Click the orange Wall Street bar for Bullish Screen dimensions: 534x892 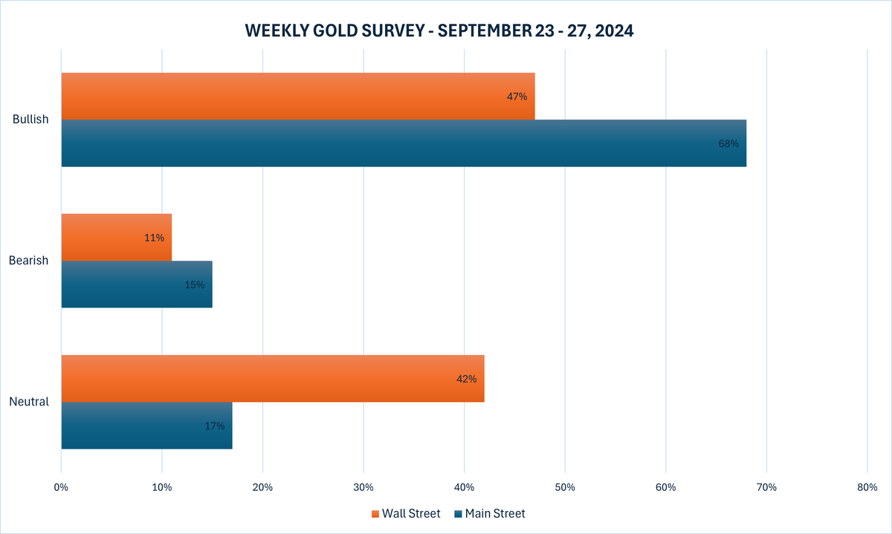coord(297,96)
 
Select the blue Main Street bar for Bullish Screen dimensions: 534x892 coord(403,143)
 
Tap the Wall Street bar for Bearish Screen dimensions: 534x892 coord(116,237)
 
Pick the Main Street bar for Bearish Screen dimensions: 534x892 coord(136,284)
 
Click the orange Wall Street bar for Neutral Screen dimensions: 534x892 coord(272,378)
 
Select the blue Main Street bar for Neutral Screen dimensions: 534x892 coord(146,425)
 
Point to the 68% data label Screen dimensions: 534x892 coord(728,143)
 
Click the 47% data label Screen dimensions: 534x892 coord(517,97)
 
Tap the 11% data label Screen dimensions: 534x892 coord(154,238)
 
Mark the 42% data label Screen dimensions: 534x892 coord(466,379)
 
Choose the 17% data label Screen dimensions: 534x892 coord(214,426)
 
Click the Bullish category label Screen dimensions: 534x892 coord(30,120)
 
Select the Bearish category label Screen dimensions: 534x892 coord(29,261)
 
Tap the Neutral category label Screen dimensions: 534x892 coord(29,402)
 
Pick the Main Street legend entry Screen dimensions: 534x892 coord(490,513)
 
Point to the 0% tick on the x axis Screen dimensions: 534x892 coord(61,487)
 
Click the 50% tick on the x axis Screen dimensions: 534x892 coord(565,487)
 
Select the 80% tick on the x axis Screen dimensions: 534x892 coord(867,487)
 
